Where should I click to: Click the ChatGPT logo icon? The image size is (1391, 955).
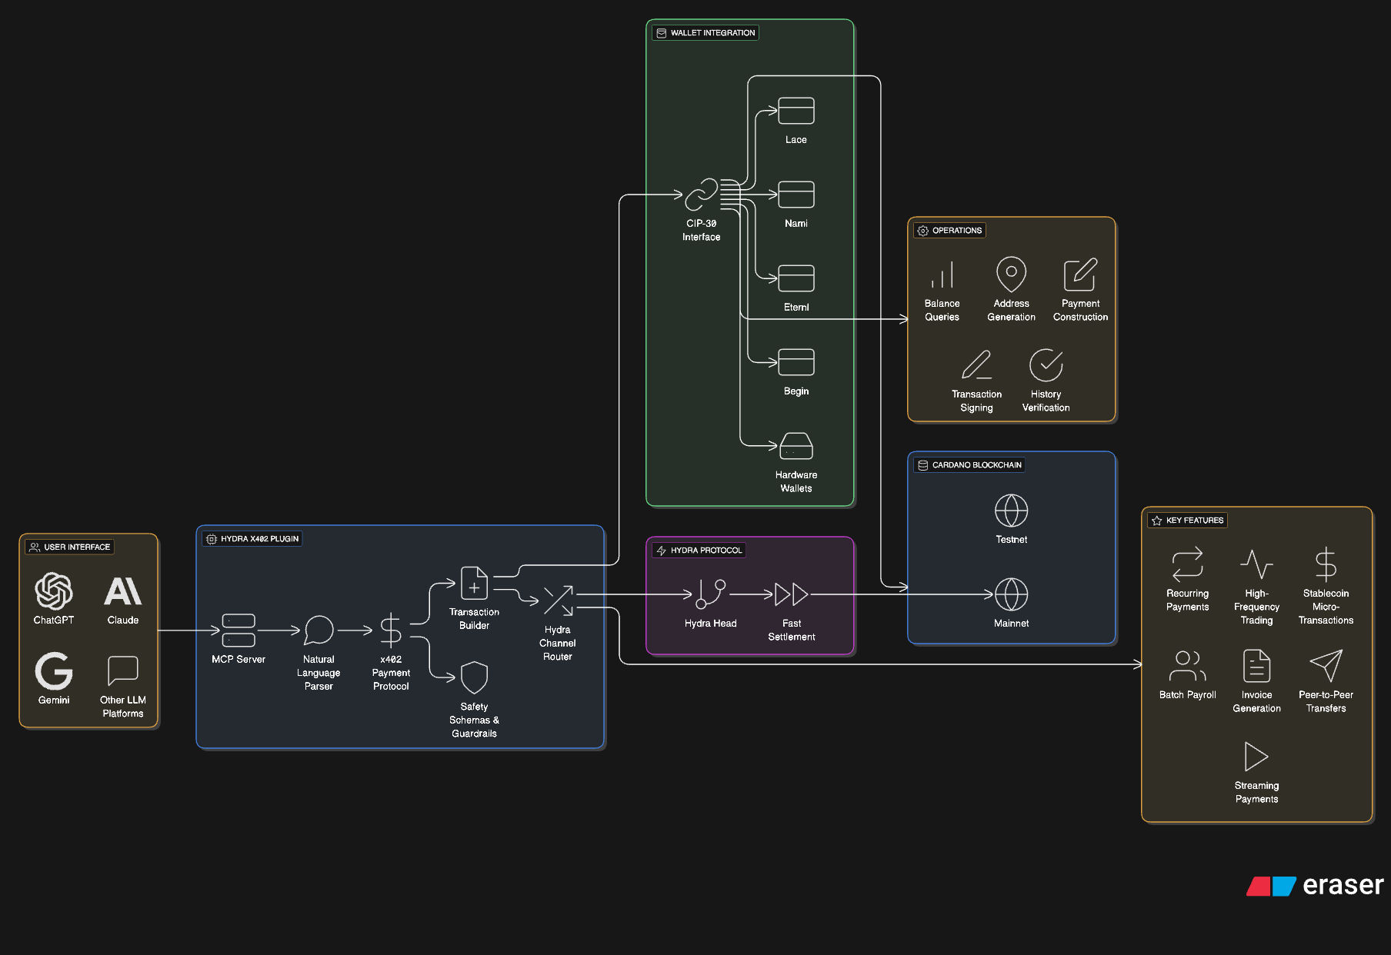coord(54,591)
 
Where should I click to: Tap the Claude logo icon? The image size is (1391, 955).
coord(123,591)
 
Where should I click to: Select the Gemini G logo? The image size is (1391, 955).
coord(54,670)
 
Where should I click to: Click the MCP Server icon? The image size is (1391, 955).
coord(239,630)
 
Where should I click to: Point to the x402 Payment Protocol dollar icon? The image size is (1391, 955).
coord(391,630)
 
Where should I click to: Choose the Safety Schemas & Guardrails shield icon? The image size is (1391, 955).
coord(474,677)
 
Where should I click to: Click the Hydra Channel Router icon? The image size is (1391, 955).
coord(558,601)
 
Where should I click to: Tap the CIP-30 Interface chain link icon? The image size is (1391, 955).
coord(701,195)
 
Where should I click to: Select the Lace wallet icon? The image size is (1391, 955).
coord(796,111)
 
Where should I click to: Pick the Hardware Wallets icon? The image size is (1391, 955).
coord(796,446)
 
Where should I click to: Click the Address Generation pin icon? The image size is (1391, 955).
coord(1011,274)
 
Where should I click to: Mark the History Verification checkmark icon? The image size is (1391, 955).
coord(1046,365)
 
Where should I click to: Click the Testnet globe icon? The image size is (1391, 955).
coord(1011,511)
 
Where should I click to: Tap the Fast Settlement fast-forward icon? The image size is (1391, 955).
coord(791,594)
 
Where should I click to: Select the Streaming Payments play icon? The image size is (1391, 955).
coord(1256,757)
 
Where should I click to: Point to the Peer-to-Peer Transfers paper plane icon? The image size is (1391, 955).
coord(1326,666)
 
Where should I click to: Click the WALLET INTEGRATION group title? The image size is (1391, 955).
coord(712,33)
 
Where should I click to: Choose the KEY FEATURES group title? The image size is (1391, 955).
coord(1194,521)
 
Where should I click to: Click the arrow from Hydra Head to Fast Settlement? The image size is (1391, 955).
coord(751,594)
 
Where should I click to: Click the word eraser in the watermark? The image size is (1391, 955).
coord(1343,885)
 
